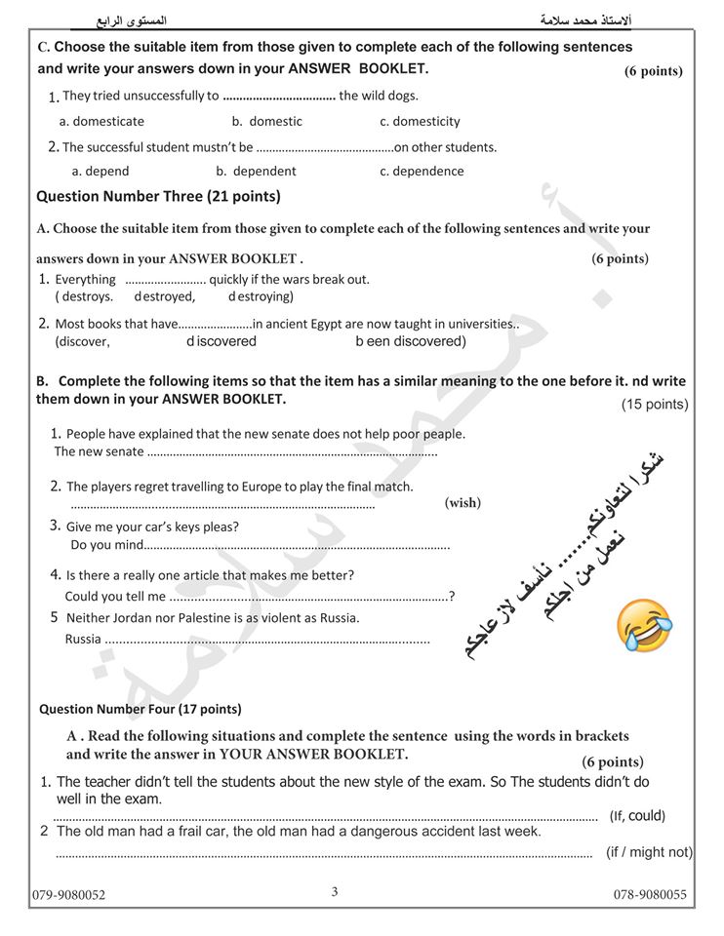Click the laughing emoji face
(645, 626)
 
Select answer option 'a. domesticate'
(101, 122)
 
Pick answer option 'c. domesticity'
(420, 122)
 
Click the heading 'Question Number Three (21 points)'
(158, 196)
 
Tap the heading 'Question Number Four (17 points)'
(141, 709)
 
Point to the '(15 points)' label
(655, 405)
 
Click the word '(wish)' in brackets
(463, 503)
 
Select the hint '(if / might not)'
(649, 852)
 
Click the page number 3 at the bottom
(335, 890)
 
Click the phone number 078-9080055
(650, 895)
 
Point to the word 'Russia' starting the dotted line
(83, 640)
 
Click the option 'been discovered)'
(411, 342)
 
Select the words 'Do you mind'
(107, 545)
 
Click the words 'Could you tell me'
(115, 597)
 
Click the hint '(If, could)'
(637, 816)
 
